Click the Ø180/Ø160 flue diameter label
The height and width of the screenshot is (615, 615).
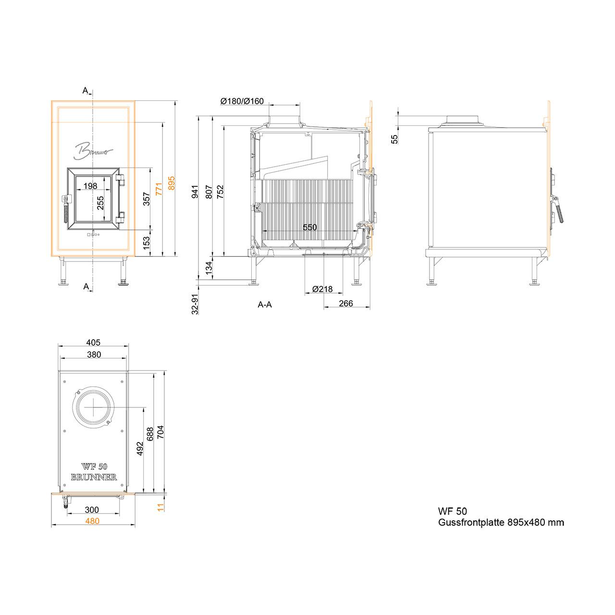click(x=242, y=101)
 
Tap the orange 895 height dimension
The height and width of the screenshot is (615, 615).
click(x=172, y=183)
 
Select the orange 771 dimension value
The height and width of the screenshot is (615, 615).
click(x=159, y=189)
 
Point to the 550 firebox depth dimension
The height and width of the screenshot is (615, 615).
click(x=309, y=227)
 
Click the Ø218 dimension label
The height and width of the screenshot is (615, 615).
click(x=322, y=289)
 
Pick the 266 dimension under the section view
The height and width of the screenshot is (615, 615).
click(x=345, y=303)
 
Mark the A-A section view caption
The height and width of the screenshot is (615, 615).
click(x=265, y=305)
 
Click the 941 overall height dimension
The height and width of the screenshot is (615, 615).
click(x=195, y=192)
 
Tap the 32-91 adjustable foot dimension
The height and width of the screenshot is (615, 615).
click(x=195, y=304)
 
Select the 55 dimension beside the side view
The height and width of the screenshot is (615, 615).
click(x=394, y=139)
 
